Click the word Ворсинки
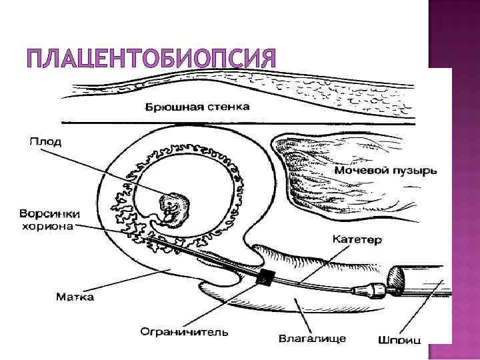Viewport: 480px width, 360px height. point(49,214)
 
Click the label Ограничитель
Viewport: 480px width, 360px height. point(185,331)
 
